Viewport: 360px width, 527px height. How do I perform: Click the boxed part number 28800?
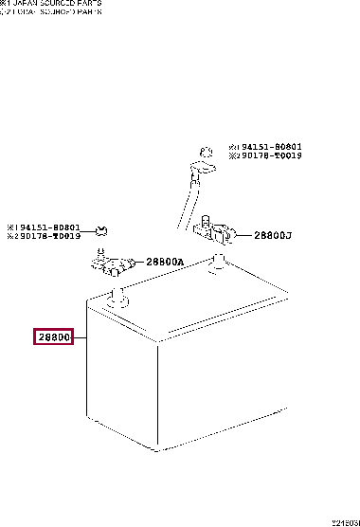54,337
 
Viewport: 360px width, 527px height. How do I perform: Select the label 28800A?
164,263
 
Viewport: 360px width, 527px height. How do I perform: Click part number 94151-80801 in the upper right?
268,146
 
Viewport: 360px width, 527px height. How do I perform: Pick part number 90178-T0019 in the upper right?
268,154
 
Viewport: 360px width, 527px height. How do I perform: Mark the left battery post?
118,300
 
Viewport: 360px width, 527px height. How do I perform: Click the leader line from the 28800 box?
80,337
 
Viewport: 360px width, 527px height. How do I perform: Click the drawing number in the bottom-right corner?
345,522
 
